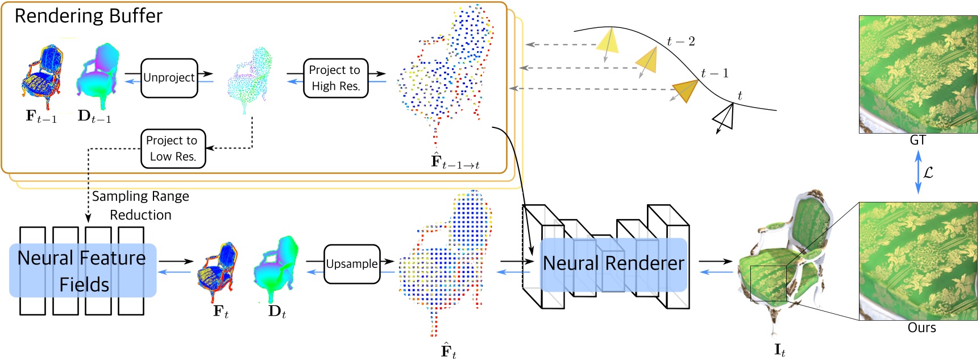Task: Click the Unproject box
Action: pos(169,78)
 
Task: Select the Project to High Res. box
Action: pos(335,78)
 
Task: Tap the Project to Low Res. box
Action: pos(173,148)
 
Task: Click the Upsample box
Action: pos(351,264)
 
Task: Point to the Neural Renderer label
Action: pos(613,264)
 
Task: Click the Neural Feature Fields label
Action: pos(82,271)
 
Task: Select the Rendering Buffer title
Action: pos(88,16)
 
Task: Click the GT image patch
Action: pos(917,75)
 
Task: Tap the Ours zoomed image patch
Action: pos(917,261)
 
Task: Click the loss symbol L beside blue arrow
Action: pos(928,172)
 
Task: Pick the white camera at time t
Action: pos(724,117)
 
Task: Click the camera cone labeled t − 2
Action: pos(608,41)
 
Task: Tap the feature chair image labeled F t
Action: pos(218,272)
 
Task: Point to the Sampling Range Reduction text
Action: pos(140,205)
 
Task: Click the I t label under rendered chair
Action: pos(779,350)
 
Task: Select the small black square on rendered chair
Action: pos(768,283)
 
